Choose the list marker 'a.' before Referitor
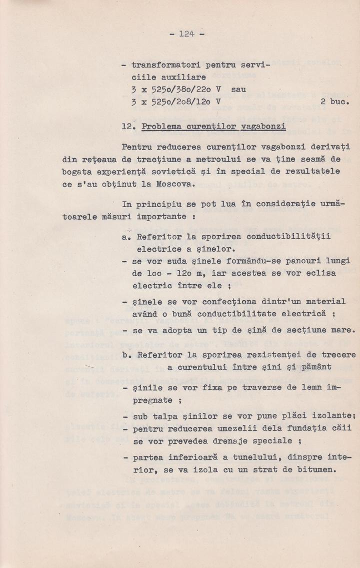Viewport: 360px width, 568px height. tap(125, 238)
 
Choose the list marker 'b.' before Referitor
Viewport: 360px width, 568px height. tap(125, 355)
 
